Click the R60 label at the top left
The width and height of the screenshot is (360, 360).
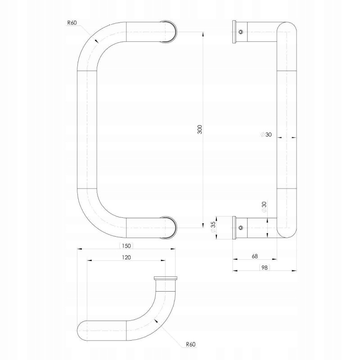coord(72,23)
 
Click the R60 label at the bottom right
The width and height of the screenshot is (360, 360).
coord(191,344)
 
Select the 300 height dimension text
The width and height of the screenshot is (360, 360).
coord(200,130)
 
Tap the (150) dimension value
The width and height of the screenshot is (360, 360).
coord(126,246)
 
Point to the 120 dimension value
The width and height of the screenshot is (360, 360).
coord(126,257)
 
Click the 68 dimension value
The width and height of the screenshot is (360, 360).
coord(255,256)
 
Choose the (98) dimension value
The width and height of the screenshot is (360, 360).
coord(265,267)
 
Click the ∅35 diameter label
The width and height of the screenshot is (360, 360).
coord(213,228)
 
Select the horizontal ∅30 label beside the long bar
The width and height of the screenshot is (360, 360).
coord(266,135)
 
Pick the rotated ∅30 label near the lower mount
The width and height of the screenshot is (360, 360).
coord(264,207)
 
